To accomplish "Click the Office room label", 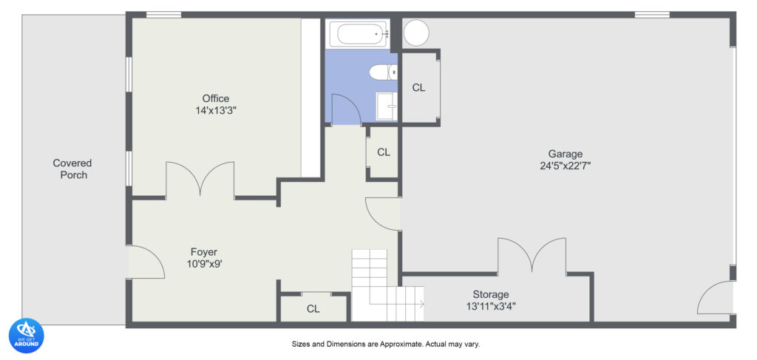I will click(216, 98).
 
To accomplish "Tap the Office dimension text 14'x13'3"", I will click(216, 110).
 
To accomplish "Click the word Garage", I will click(565, 154).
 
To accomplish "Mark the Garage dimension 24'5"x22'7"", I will click(565, 166).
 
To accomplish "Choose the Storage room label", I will click(491, 294).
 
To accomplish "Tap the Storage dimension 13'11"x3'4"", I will click(491, 306).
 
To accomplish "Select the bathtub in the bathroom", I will click(358, 33).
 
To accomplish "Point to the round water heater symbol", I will click(415, 33).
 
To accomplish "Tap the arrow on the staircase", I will click(419, 304).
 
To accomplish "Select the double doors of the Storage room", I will click(532, 256).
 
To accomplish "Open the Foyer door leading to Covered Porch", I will click(146, 262).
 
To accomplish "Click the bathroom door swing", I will click(344, 109).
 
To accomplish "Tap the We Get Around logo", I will click(26, 336).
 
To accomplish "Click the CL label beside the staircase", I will click(313, 309).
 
